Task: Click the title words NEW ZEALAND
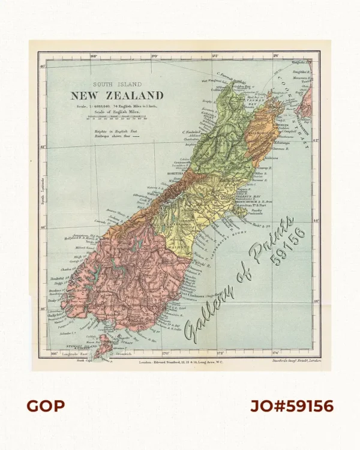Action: (117, 95)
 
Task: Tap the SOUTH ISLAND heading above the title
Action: (117, 85)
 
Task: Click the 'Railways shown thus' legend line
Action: (113, 136)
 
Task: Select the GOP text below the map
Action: (45, 406)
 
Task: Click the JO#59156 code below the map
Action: (292, 406)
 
